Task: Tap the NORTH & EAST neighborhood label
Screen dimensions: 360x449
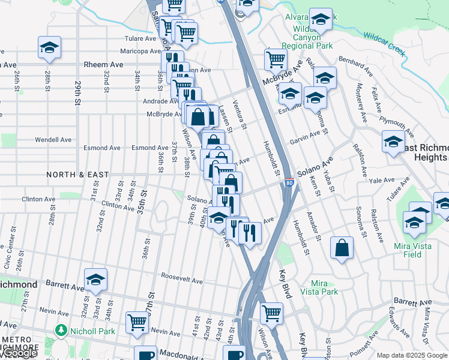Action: pyautogui.click(x=78, y=175)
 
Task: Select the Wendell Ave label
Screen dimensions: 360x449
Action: pyautogui.click(x=53, y=140)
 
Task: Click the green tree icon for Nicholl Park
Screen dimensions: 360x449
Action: pyautogui.click(x=60, y=330)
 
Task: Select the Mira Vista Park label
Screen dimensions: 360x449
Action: pyautogui.click(x=325, y=287)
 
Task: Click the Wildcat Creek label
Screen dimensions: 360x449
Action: pyautogui.click(x=385, y=41)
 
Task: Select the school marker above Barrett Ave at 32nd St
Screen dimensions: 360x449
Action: pyautogui.click(x=95, y=280)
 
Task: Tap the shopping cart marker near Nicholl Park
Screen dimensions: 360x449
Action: pyautogui.click(x=137, y=322)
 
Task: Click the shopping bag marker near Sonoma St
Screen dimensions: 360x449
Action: pyautogui.click(x=342, y=248)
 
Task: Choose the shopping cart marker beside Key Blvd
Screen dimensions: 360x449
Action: pyautogui.click(x=271, y=313)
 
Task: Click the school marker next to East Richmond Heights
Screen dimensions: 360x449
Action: pyautogui.click(x=393, y=142)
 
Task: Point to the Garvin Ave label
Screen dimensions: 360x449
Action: pyautogui.click(x=307, y=137)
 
